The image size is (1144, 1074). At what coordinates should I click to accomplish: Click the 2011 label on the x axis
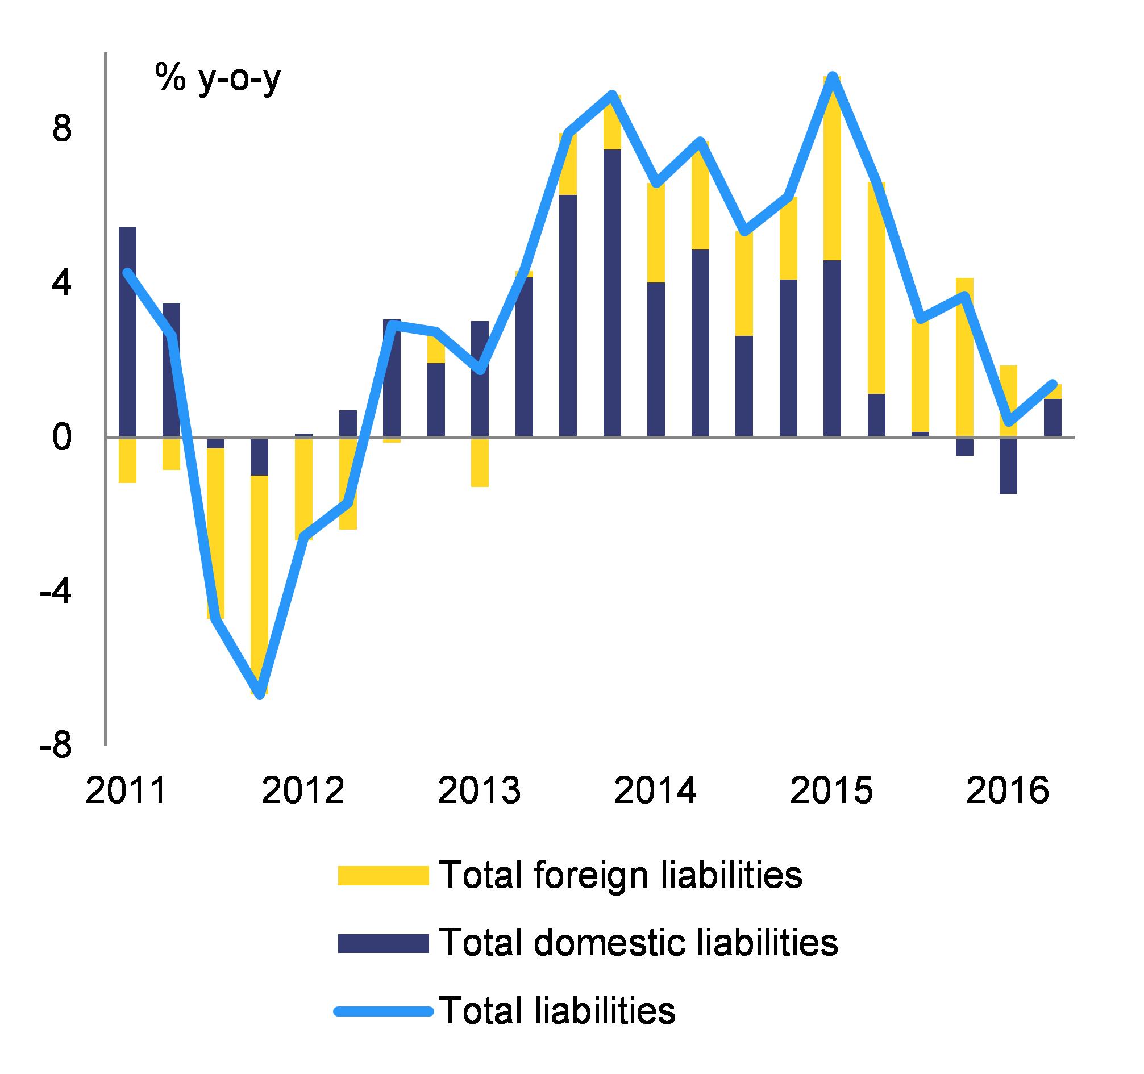[126, 791]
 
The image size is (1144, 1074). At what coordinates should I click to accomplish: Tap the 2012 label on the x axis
[303, 791]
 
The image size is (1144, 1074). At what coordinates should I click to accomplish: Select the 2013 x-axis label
[479, 791]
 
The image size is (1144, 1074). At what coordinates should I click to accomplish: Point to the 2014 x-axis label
[655, 791]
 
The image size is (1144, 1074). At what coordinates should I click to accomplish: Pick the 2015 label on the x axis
[831, 791]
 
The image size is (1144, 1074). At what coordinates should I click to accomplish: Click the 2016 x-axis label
[1008, 791]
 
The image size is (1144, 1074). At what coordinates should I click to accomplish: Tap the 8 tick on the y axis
[63, 130]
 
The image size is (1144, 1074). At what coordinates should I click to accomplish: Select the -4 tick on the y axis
[56, 593]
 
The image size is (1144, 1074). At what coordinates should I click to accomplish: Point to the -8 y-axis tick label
[56, 747]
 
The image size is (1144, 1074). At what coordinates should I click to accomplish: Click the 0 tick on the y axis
[63, 438]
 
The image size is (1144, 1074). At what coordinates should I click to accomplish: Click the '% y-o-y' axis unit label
[218, 79]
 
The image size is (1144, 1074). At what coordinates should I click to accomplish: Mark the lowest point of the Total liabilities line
[261, 694]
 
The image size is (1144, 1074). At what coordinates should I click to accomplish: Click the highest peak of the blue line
[833, 77]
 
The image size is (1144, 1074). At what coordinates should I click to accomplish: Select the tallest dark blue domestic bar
[612, 293]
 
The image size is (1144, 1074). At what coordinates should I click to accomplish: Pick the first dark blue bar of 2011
[128, 332]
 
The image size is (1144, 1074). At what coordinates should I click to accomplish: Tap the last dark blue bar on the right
[1053, 418]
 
